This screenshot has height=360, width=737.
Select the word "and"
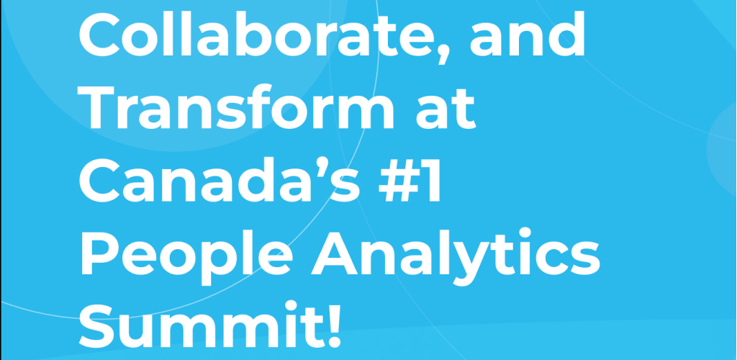click(527, 33)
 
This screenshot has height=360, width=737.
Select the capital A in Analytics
click(336, 253)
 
